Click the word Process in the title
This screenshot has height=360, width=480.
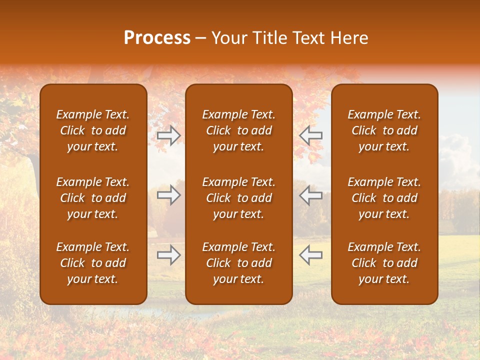click(157, 38)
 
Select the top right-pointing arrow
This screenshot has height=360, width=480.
click(168, 135)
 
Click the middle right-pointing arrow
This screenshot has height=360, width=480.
click(168, 195)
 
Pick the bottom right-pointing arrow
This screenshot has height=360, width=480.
click(168, 255)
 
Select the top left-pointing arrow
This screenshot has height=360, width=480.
click(311, 135)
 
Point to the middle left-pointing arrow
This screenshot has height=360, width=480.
click(311, 195)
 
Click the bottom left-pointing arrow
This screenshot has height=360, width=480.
click(311, 255)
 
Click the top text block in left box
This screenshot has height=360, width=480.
click(93, 130)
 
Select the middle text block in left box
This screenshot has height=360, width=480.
click(93, 198)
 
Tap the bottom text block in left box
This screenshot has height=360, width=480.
click(93, 263)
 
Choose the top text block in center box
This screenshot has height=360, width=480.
click(238, 130)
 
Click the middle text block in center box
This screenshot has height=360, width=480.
click(238, 198)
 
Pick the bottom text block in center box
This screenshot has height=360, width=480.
click(238, 263)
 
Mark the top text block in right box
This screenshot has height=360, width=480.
click(384, 130)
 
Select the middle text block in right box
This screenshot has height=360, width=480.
click(384, 198)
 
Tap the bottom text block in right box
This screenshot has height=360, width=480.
click(384, 263)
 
